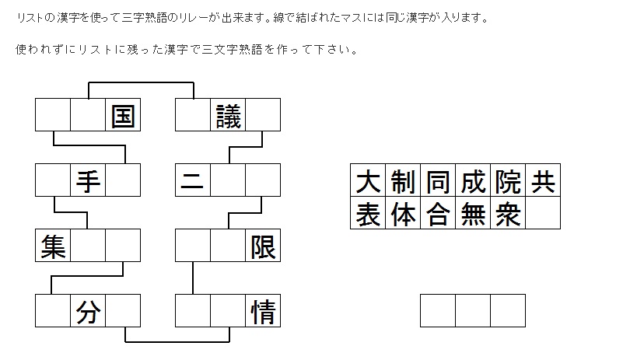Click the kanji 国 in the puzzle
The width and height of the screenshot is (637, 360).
click(123, 116)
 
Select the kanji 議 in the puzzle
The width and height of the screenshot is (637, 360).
click(229, 116)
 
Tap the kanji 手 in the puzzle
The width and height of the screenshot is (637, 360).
click(88, 181)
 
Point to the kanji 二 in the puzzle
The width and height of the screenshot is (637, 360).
click(193, 181)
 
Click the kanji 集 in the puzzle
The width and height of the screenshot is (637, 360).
click(53, 246)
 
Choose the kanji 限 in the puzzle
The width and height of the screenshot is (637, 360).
click(263, 246)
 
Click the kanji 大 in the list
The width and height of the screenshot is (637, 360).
click(368, 182)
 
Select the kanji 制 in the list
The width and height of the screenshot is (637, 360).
click(403, 182)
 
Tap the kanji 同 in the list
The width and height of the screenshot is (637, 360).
click(438, 182)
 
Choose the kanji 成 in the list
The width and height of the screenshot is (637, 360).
click(473, 182)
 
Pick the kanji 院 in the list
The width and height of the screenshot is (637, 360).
click(508, 182)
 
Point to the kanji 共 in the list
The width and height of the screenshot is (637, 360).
click(543, 182)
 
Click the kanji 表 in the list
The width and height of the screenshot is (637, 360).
click(368, 213)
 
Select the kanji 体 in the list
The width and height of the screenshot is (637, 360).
click(403, 213)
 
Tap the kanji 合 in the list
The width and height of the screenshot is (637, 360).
click(438, 213)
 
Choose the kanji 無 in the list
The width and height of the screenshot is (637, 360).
click(473, 213)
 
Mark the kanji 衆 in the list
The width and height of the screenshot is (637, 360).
click(508, 213)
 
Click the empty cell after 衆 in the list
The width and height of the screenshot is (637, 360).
click(543, 213)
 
